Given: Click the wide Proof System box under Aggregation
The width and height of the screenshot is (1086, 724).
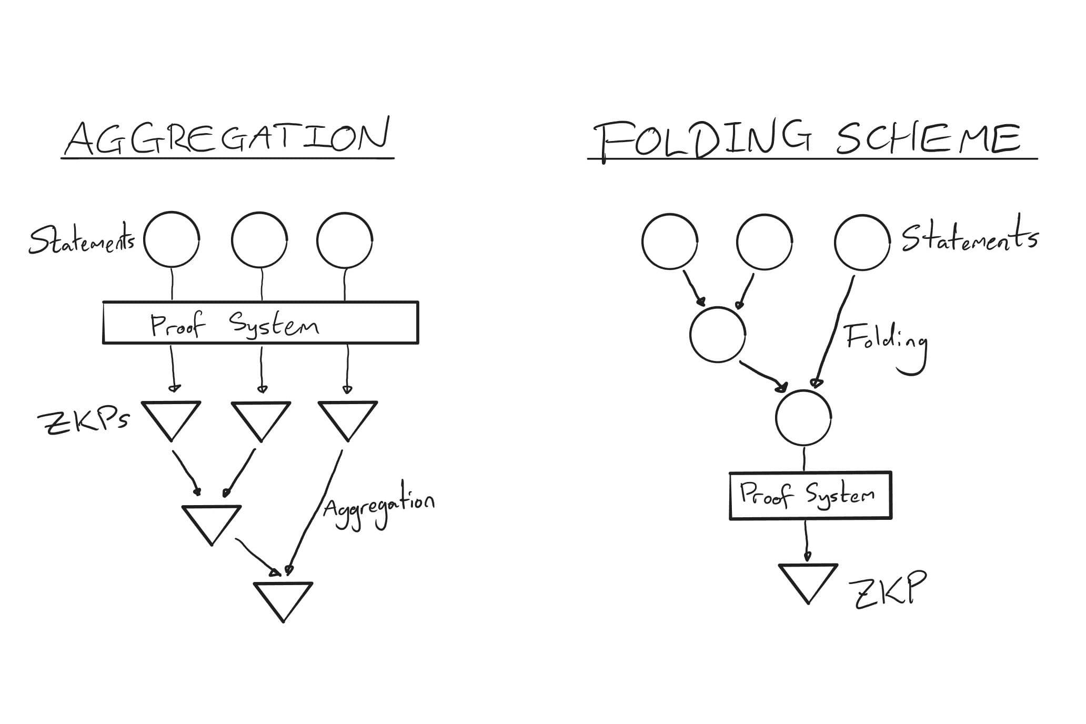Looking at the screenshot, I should click(x=260, y=323).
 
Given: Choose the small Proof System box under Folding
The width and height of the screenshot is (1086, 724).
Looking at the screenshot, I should click(x=810, y=495).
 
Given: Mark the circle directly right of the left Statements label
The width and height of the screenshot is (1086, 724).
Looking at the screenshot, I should click(x=172, y=239).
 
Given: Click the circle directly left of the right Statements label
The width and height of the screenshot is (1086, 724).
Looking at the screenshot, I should click(x=862, y=242).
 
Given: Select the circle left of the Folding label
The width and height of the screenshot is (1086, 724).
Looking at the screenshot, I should click(x=718, y=335).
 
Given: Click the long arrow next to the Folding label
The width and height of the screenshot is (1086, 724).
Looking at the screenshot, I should click(x=834, y=331).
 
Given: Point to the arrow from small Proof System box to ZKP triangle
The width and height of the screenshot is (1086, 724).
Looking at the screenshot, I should click(x=807, y=542).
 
